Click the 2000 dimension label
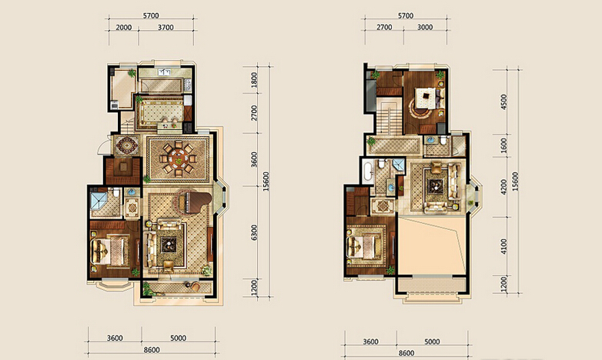(124, 27)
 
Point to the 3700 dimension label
(166, 27)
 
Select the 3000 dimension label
(425, 27)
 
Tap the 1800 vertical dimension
(254, 80)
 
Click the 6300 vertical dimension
(254, 232)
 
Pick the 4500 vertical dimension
(504, 102)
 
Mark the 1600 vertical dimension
(504, 145)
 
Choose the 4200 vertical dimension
(504, 187)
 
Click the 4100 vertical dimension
(504, 246)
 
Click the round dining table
(178, 158)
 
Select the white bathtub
(367, 172)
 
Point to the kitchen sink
(164, 72)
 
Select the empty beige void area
(432, 245)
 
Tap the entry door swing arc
(100, 148)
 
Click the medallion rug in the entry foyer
(128, 145)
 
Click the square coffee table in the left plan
(168, 245)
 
